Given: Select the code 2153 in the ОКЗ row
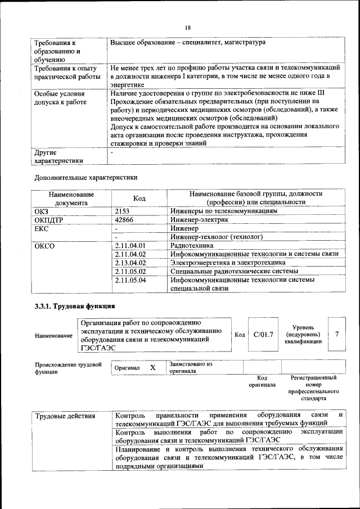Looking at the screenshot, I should tap(123, 211).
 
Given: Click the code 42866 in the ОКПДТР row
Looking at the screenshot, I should tap(124, 220).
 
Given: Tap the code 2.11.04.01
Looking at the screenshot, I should tap(130, 245).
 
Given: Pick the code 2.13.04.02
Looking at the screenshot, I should tap(130, 263).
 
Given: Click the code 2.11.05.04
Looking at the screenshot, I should tap(130, 280).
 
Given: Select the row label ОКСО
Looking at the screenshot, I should tap(44, 245).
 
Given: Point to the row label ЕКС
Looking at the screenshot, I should tap(42, 228).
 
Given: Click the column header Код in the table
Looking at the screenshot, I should tap(139, 198).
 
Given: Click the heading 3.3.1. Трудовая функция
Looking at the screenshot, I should tap(75, 307).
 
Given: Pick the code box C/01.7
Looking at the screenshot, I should tap(263, 335).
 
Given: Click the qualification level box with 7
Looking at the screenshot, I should tap(336, 334).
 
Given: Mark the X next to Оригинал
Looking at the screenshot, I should tap(152, 367).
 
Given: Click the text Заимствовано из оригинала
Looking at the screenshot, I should tap(191, 367).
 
